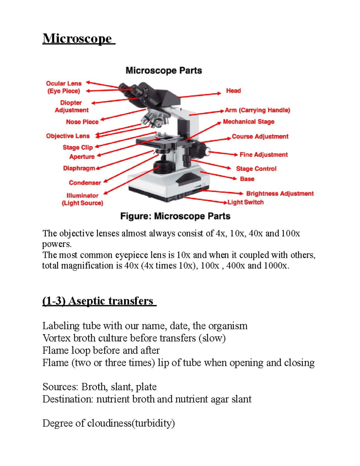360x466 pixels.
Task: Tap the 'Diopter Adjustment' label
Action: [x=71, y=107]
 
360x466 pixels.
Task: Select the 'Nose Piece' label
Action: [x=82, y=122]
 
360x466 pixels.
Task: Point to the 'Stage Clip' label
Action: [x=78, y=147]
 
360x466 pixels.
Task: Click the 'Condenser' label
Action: [x=85, y=183]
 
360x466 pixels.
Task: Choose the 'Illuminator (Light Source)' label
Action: [x=82, y=199]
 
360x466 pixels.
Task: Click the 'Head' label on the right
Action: [x=233, y=91]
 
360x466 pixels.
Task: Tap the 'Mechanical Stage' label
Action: [x=248, y=122]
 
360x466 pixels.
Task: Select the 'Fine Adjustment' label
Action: [x=263, y=155]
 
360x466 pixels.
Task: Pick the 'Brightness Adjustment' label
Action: [x=280, y=194]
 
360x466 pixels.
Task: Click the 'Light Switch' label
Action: [x=245, y=202]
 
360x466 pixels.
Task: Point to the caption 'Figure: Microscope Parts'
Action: [x=175, y=216]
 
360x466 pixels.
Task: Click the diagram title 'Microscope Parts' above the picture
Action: [x=163, y=71]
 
